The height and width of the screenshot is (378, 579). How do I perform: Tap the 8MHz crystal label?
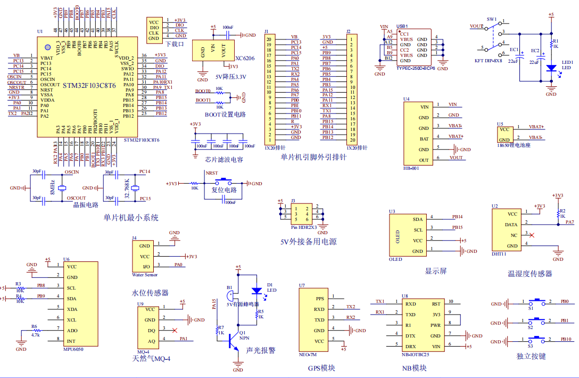[x=52, y=187]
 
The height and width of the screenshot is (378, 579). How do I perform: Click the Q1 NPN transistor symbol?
[x=233, y=341]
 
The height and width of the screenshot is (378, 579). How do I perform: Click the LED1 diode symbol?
[x=551, y=68]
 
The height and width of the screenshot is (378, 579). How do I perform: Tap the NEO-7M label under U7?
[x=308, y=355]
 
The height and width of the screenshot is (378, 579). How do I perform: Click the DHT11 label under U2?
[x=499, y=254]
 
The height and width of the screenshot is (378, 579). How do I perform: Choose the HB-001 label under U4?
[x=411, y=168]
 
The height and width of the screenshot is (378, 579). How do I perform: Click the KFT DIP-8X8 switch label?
[x=488, y=61]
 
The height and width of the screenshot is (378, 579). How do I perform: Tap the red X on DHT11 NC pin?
[x=532, y=235]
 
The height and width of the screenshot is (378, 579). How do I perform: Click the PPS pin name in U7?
[x=320, y=298]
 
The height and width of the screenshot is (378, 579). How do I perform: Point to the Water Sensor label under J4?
[x=144, y=275]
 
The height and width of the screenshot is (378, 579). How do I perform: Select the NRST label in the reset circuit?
[x=212, y=173]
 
